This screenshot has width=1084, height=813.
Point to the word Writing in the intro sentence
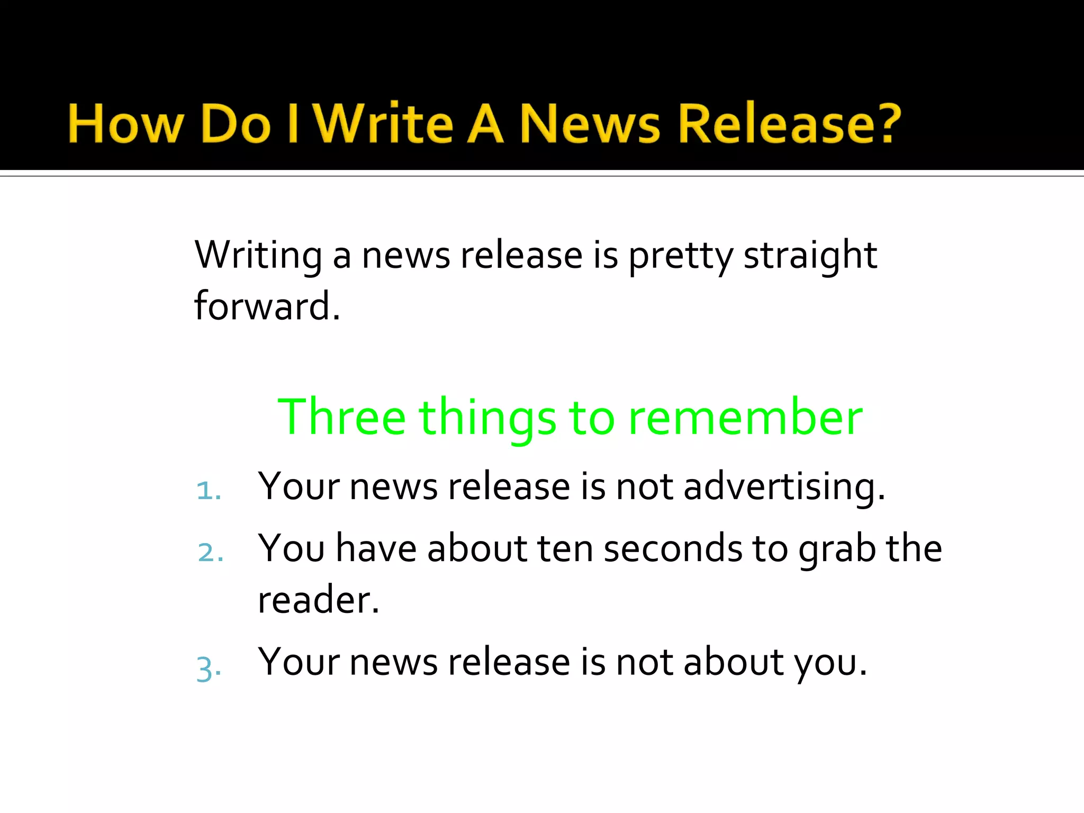coord(258,256)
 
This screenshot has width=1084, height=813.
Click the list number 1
coord(207,491)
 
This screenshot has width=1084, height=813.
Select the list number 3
coord(207,668)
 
